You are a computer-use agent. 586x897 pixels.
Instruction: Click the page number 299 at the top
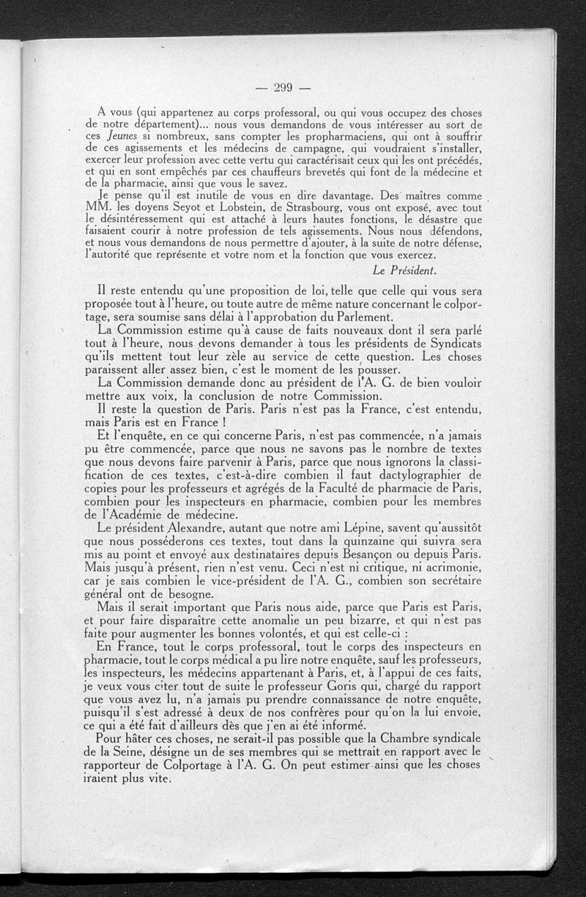click(x=283, y=89)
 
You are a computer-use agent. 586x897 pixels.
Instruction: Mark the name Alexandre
click(x=217, y=528)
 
